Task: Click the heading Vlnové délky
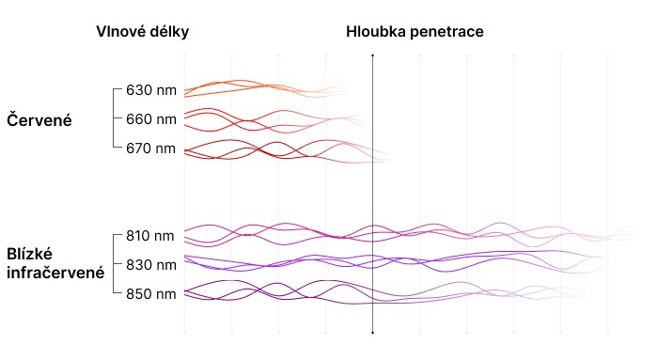pyautogui.click(x=142, y=32)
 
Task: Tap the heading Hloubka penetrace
pyautogui.click(x=415, y=32)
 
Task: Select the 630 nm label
pyautogui.click(x=151, y=90)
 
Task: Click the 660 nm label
pyautogui.click(x=151, y=119)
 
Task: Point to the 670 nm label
pyautogui.click(x=151, y=149)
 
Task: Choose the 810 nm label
pyautogui.click(x=150, y=236)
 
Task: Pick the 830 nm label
pyautogui.click(x=151, y=265)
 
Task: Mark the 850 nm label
pyautogui.click(x=151, y=294)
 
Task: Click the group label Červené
pyautogui.click(x=39, y=120)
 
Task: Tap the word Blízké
pyautogui.click(x=30, y=255)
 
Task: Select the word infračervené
pyautogui.click(x=55, y=273)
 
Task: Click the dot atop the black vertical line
pyautogui.click(x=372, y=55)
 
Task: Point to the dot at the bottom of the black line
pyautogui.click(x=372, y=333)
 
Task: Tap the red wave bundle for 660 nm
pyautogui.click(x=274, y=120)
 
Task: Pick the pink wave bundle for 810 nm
pyautogui.click(x=412, y=233)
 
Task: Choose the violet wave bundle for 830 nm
pyautogui.click(x=395, y=261)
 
